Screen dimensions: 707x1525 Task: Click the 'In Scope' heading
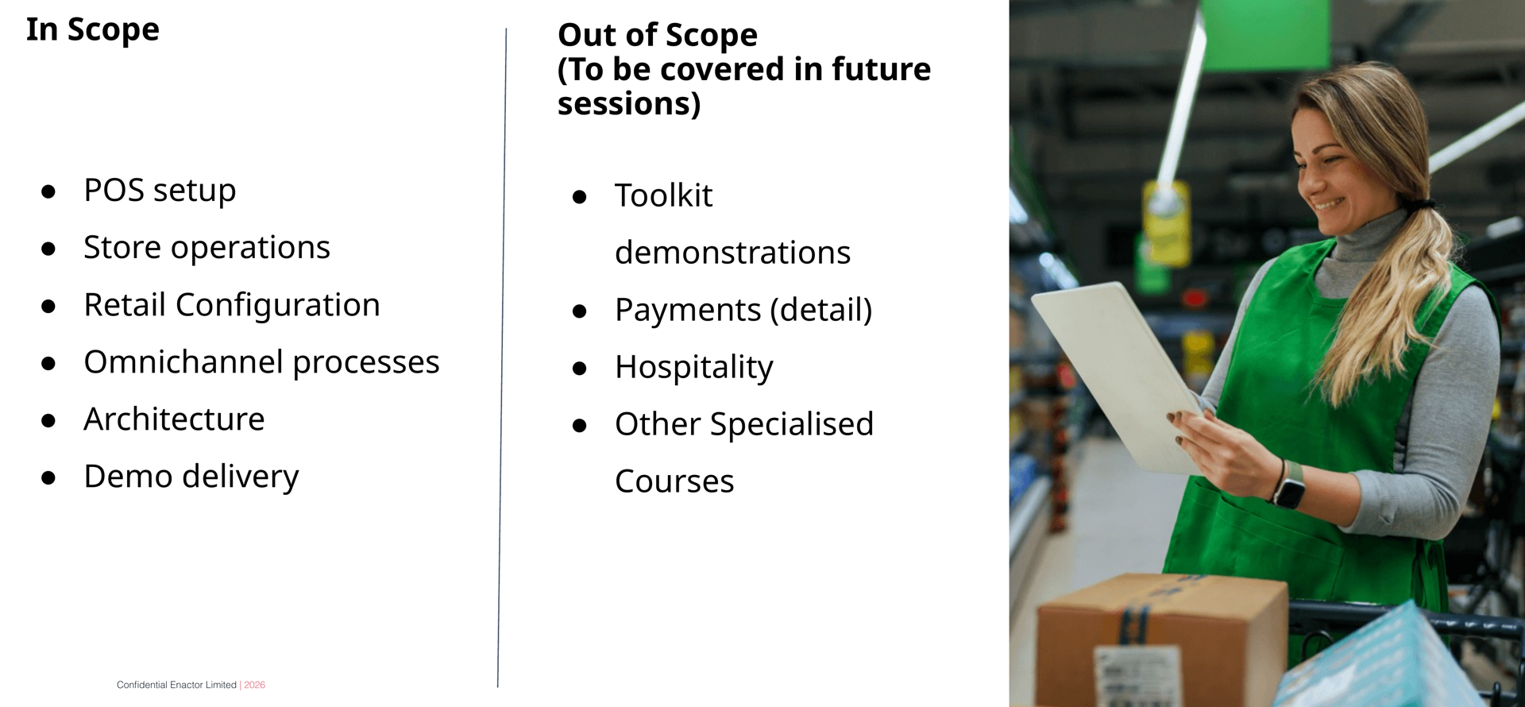[93, 30]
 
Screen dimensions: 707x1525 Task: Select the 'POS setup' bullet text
[160, 191]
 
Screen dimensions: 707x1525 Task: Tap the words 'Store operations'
[207, 248]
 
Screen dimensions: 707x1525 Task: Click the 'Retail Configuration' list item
[232, 305]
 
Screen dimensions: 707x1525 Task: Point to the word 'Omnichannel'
[183, 362]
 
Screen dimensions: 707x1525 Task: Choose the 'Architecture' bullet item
[174, 419]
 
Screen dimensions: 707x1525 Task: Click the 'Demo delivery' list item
[191, 477]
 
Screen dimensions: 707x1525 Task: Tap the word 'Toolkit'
[664, 195]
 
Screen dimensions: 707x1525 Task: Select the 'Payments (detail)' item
[743, 310]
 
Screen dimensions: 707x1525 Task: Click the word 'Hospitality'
[693, 367]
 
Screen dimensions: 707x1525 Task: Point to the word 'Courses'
[674, 481]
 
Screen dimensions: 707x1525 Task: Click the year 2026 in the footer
[255, 685]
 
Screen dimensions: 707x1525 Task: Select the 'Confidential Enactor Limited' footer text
[176, 685]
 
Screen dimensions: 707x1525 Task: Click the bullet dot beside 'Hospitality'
[580, 369]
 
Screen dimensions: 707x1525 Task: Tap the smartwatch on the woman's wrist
[1289, 492]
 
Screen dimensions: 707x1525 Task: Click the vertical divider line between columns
[502, 357]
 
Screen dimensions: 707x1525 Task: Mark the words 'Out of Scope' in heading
[658, 35]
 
